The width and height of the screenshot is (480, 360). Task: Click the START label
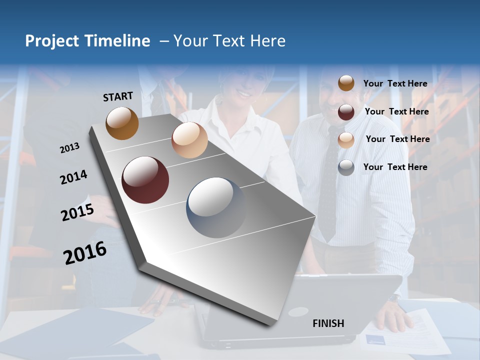pyautogui.click(x=118, y=96)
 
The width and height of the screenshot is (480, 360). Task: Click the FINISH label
pyautogui.click(x=328, y=323)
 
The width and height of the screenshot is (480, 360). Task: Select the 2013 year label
pyautogui.click(x=69, y=148)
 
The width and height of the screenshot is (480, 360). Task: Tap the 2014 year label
pyautogui.click(x=73, y=177)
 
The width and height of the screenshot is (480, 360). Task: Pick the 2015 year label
pyautogui.click(x=77, y=212)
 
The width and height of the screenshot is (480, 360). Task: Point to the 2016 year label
pyautogui.click(x=85, y=252)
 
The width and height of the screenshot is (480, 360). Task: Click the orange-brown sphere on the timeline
pyautogui.click(x=122, y=123)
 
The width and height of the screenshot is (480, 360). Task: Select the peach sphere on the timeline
pyautogui.click(x=189, y=140)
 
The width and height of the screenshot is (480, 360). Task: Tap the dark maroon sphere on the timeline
pyautogui.click(x=145, y=180)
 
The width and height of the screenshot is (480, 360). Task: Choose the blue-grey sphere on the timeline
pyautogui.click(x=216, y=207)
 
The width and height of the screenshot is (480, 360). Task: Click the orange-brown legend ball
pyautogui.click(x=346, y=83)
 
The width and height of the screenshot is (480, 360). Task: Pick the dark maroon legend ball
pyautogui.click(x=346, y=112)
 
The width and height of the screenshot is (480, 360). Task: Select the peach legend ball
pyautogui.click(x=346, y=140)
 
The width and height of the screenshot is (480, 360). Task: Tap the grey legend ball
pyautogui.click(x=346, y=167)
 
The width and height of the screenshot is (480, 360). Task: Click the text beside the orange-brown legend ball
pyautogui.click(x=395, y=83)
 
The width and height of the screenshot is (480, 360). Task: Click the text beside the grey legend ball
pyautogui.click(x=395, y=167)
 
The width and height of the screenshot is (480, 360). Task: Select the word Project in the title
pyautogui.click(x=52, y=41)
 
